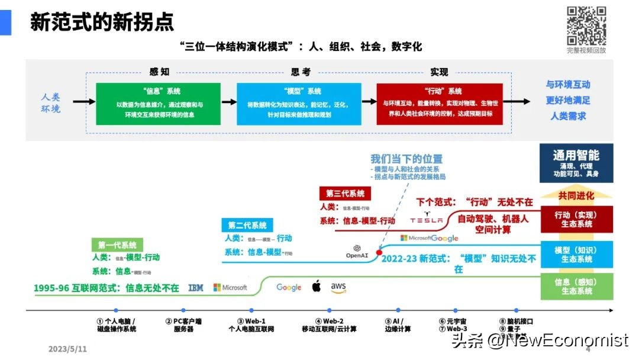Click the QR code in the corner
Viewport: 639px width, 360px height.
pyautogui.click(x=586, y=25)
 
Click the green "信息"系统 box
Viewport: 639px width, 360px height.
pyautogui.click(x=158, y=104)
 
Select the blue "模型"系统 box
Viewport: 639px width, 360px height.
pyautogui.click(x=298, y=104)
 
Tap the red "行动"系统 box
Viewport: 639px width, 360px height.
pyautogui.click(x=439, y=104)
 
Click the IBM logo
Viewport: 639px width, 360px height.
pyautogui.click(x=196, y=288)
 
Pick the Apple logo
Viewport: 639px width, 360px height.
pyautogui.click(x=316, y=287)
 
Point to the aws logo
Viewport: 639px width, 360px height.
pyautogui.click(x=338, y=287)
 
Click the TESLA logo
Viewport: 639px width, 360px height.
pyautogui.click(x=427, y=220)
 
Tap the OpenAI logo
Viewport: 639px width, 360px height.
pyautogui.click(x=357, y=252)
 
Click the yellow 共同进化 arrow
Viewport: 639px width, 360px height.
pyautogui.click(x=576, y=195)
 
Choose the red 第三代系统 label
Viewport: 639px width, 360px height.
pyautogui.click(x=345, y=194)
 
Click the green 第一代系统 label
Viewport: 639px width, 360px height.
pyautogui.click(x=117, y=245)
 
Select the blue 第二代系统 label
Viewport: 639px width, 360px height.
pyautogui.click(x=247, y=225)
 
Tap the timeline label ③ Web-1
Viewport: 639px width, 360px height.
pyautogui.click(x=251, y=324)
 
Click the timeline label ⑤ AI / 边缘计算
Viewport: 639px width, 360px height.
pyautogui.click(x=398, y=324)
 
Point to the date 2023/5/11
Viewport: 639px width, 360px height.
pyautogui.click(x=67, y=349)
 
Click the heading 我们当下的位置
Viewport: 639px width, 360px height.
pyautogui.click(x=406, y=159)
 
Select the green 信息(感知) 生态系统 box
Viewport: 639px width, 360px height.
pyautogui.click(x=576, y=287)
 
